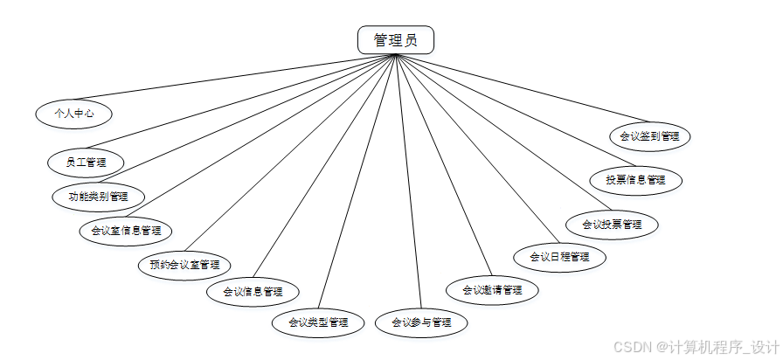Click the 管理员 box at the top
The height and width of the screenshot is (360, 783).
pos(395,40)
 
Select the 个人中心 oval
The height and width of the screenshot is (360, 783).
pos(73,113)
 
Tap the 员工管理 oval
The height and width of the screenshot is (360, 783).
pos(85,162)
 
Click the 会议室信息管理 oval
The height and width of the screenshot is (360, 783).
pos(126,231)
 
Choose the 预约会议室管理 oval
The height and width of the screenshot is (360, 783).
pos(184,264)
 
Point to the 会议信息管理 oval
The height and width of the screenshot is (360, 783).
pos(253,291)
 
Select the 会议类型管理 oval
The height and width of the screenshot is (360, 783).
pos(318,322)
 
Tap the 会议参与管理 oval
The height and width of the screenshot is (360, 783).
pos(421,322)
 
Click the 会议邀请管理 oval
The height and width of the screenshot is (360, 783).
pos(492,290)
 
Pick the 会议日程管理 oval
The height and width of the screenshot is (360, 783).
pos(559,257)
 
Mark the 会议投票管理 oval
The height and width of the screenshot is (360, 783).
pos(612,224)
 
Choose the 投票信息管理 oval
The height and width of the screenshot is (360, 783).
pos(635,180)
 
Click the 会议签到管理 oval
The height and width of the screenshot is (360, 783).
pos(649,136)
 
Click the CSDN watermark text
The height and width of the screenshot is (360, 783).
pos(695,347)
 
